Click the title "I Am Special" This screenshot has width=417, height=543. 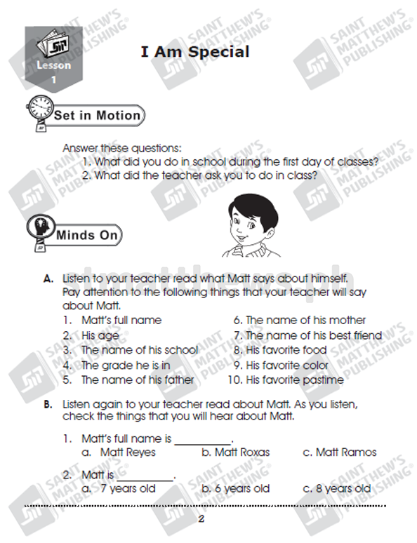194,52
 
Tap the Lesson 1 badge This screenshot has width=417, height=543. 54,59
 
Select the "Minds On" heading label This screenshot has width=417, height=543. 87,235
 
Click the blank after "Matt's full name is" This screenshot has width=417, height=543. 203,444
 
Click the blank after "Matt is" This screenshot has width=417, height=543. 145,480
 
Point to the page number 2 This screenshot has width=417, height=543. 201,518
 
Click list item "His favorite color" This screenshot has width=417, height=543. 287,365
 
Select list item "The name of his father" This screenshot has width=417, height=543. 138,380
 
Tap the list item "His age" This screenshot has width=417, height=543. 100,335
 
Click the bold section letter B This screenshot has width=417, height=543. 48,404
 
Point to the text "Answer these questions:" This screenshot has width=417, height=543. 122,148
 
